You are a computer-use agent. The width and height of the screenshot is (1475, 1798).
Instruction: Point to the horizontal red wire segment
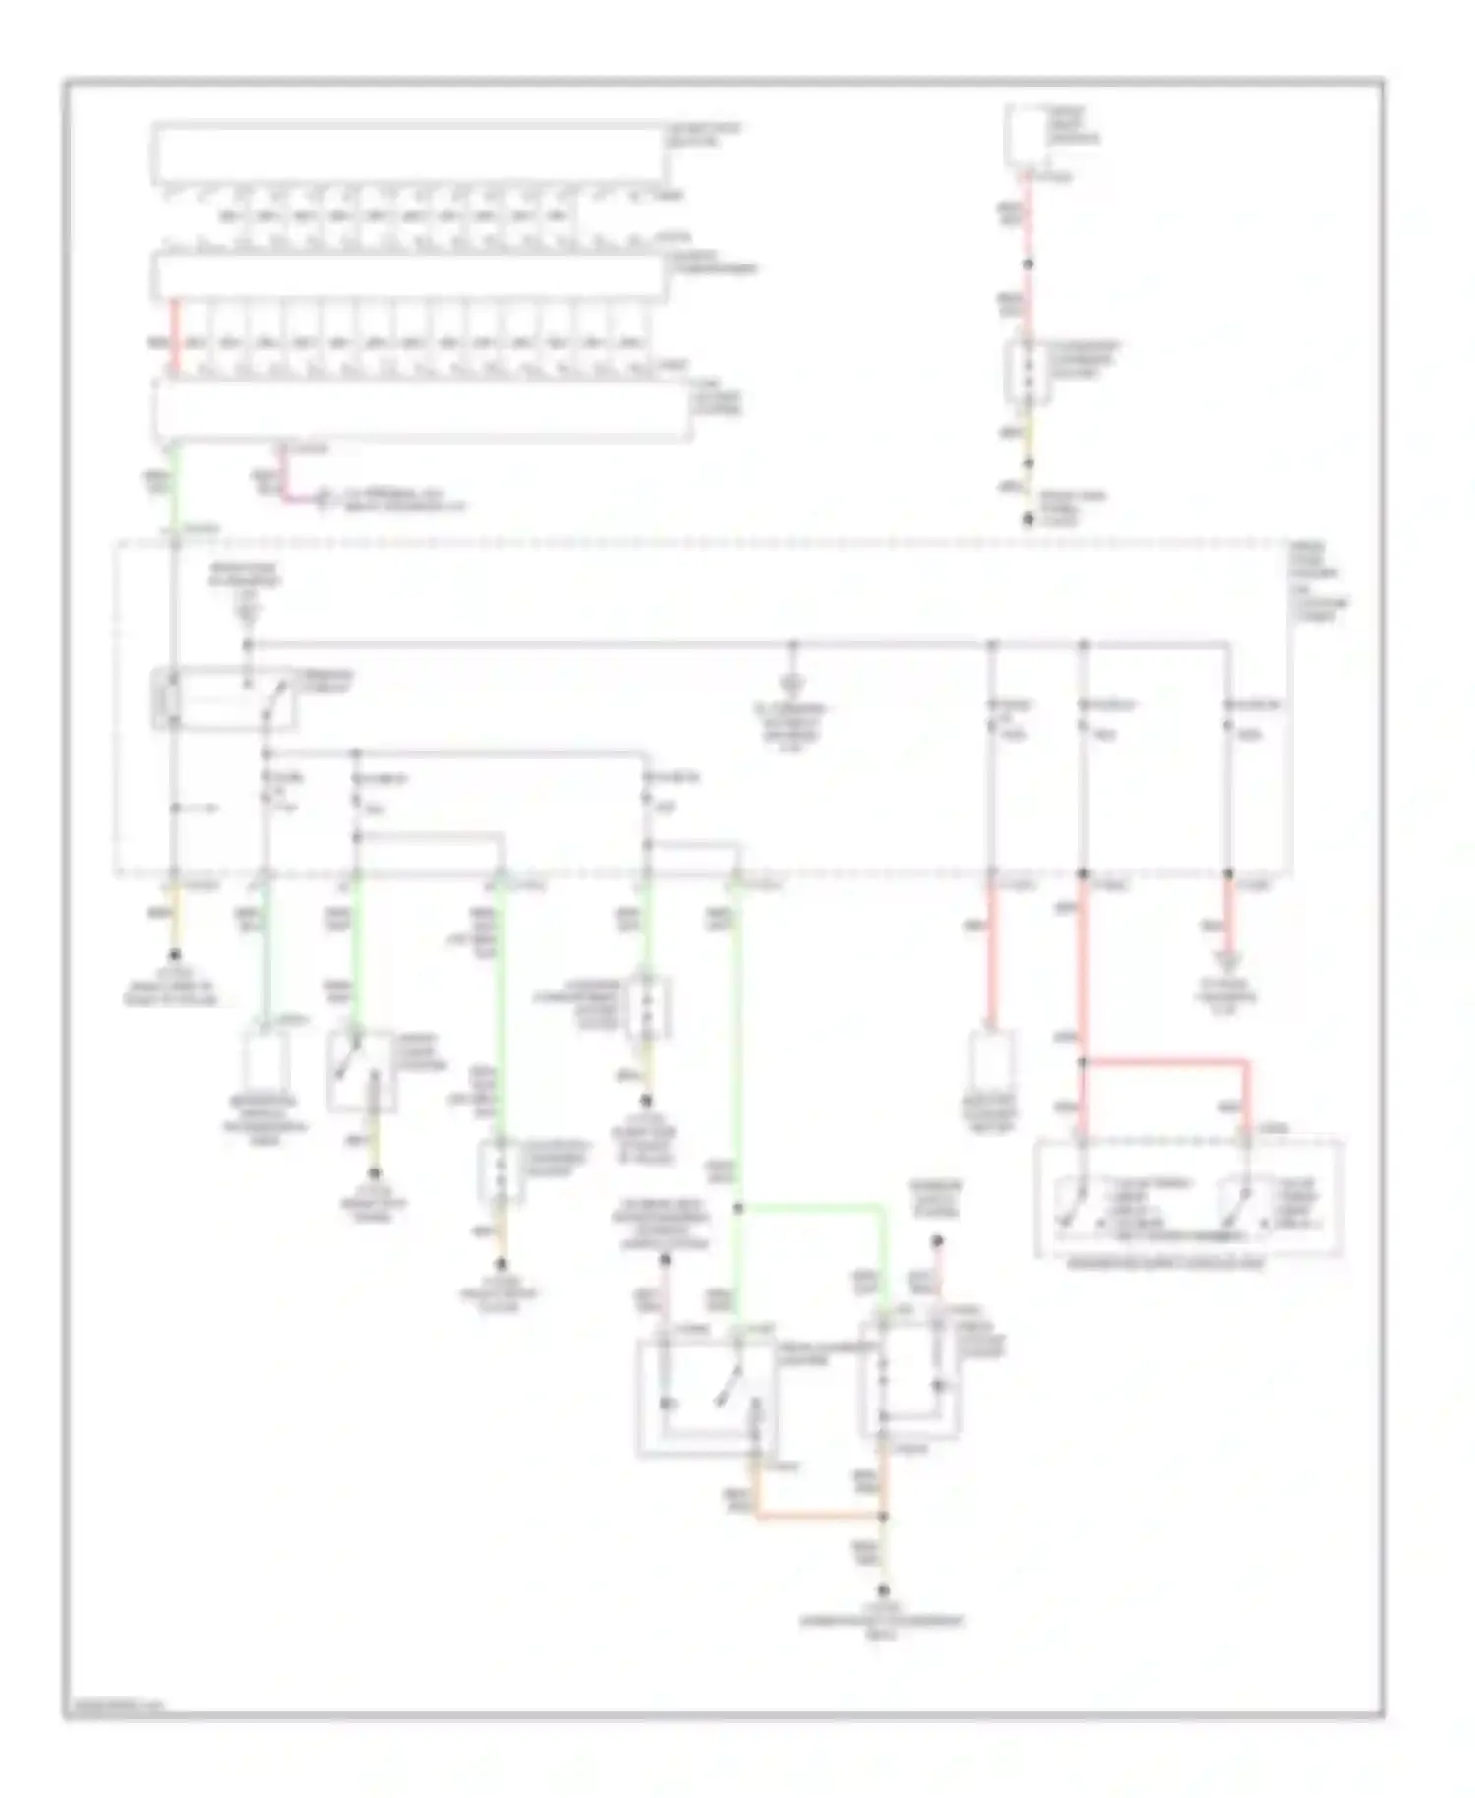(1165, 1062)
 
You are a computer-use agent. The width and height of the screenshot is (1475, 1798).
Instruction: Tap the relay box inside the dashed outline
(224, 699)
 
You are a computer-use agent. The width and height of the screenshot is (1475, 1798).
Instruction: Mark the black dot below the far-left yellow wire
(176, 954)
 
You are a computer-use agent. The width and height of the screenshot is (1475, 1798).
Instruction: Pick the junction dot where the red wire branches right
(1083, 1062)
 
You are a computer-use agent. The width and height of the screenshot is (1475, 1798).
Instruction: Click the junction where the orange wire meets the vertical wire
(883, 1516)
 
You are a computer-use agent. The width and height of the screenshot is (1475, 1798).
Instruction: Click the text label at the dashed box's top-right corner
(1319, 580)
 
